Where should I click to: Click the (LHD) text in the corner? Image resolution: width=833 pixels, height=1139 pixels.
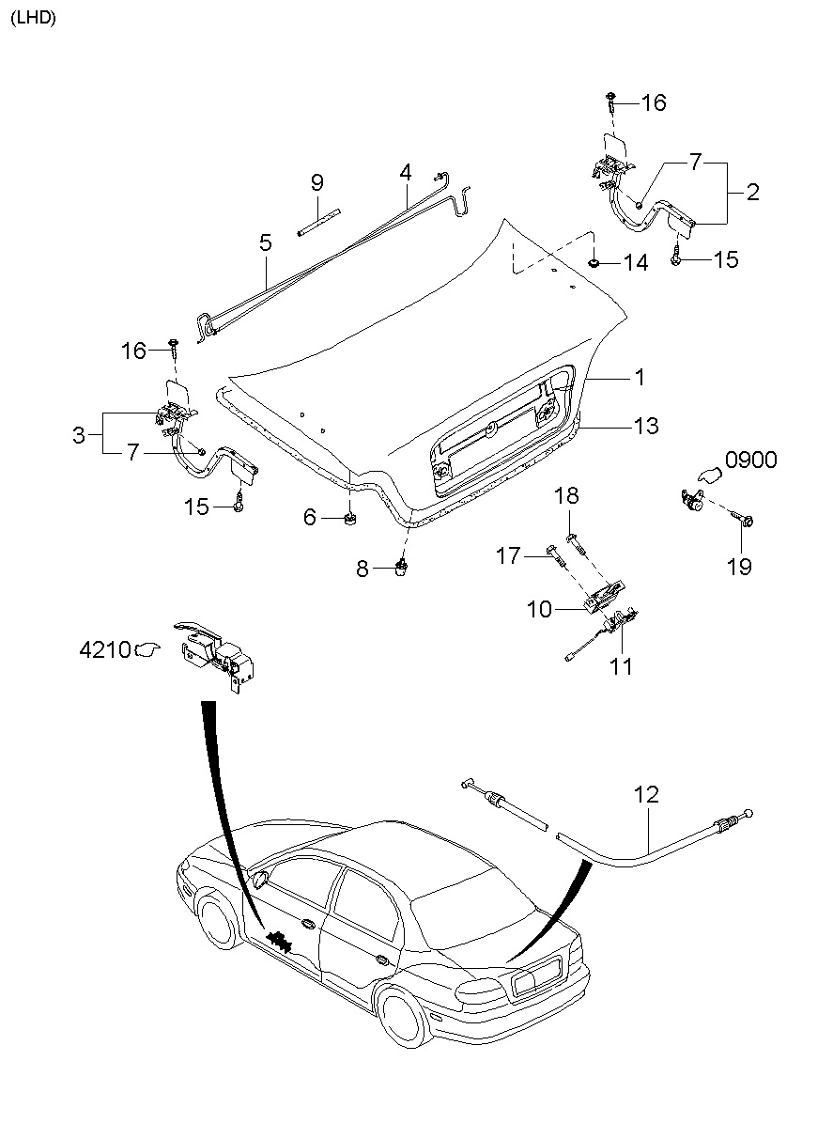[x=33, y=18]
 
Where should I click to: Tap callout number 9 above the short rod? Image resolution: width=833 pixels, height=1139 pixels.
[x=316, y=182]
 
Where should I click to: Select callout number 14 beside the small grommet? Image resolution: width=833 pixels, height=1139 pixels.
[x=635, y=263]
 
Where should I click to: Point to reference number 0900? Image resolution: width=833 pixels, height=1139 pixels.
[x=750, y=460]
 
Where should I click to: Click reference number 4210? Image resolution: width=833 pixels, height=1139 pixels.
[x=104, y=649]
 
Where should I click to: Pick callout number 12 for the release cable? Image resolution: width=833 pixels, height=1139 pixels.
[x=646, y=795]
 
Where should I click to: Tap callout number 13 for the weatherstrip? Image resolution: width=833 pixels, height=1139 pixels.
[x=646, y=426]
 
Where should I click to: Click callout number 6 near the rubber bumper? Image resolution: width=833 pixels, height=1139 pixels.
[x=310, y=517]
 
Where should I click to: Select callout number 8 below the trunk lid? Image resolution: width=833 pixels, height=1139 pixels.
[x=362, y=569]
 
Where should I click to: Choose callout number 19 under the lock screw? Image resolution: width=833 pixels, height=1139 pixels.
[x=739, y=567]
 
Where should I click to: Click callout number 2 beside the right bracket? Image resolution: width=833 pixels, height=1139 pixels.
[x=752, y=192]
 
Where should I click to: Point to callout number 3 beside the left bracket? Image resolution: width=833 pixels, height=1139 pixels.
[x=79, y=435]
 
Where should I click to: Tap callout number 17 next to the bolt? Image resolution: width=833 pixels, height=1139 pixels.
[x=508, y=555]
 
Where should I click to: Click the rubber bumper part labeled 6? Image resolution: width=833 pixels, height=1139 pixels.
[x=349, y=519]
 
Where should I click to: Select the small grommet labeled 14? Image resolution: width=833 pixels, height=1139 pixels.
[x=593, y=263]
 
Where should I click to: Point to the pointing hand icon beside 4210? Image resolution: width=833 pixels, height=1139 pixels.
[x=147, y=648]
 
